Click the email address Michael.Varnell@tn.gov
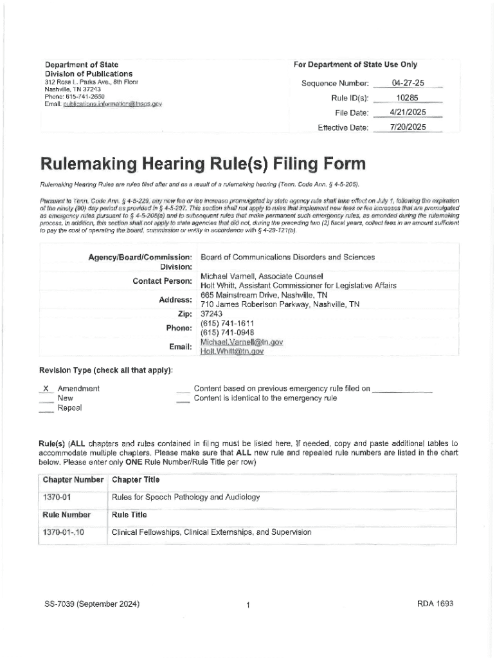point(242,342)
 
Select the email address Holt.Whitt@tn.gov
point(232,352)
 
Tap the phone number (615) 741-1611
point(228,323)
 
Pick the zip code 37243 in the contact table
point(212,313)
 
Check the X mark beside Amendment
point(45,389)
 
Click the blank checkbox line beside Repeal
point(45,408)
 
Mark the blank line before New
point(45,398)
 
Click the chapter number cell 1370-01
point(57,497)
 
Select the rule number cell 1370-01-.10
point(63,532)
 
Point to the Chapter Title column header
point(136,480)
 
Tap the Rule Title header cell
point(129,515)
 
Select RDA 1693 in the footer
point(435,604)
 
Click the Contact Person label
point(162,281)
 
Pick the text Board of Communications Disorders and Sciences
point(287,257)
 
